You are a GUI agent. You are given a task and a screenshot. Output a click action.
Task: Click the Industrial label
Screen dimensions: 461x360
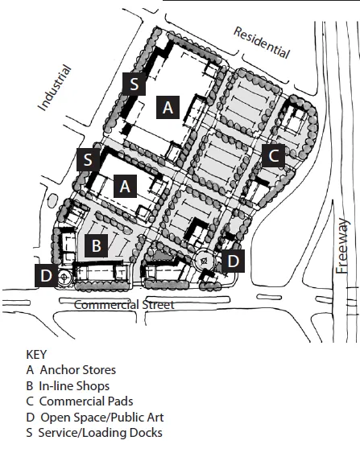[x=55, y=88]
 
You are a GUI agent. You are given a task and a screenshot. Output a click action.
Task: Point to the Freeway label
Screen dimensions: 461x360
[x=344, y=246]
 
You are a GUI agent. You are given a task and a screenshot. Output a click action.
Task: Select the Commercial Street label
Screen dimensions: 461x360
[x=124, y=305]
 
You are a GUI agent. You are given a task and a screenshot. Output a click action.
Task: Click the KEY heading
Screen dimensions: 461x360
[x=38, y=354]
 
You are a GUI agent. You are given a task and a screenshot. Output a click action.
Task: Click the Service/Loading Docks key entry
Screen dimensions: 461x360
[x=94, y=433]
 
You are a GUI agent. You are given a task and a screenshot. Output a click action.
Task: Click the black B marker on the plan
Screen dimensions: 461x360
[x=96, y=245]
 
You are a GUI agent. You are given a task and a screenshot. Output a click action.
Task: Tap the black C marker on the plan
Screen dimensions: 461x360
[x=274, y=156]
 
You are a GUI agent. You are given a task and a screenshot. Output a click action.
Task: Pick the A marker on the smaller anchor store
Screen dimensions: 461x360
[x=124, y=186]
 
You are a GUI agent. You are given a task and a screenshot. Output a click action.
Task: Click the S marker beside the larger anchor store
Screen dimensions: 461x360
[x=134, y=82]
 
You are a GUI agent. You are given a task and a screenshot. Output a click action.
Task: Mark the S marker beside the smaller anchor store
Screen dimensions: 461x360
[x=86, y=159]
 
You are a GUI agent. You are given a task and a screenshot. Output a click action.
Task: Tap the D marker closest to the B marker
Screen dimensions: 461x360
[x=46, y=276]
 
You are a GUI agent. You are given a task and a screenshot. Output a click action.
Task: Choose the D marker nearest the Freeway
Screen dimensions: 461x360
[x=234, y=261]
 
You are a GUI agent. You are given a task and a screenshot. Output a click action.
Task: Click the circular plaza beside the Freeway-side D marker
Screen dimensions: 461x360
[x=206, y=261]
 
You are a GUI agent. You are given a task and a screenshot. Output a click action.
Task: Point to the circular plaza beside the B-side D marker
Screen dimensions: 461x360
[x=65, y=276]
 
